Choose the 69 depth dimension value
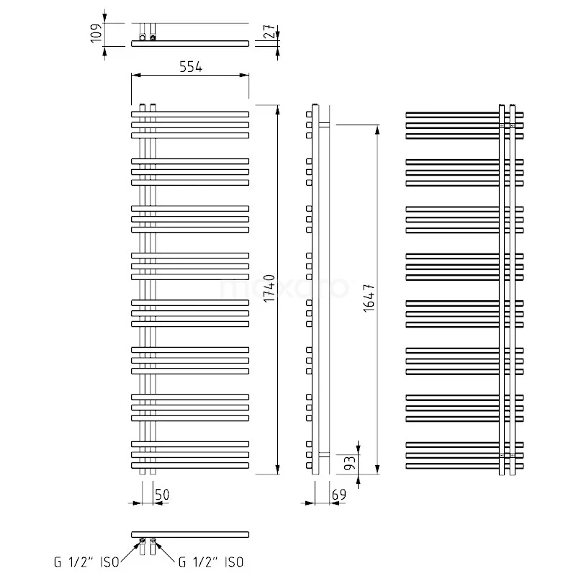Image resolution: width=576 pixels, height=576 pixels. [340, 495]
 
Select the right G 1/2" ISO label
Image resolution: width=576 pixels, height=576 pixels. [210, 561]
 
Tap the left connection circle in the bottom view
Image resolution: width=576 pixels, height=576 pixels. [142, 541]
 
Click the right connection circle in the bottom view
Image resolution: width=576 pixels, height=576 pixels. [153, 541]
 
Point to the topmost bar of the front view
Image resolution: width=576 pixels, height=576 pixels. [190, 114]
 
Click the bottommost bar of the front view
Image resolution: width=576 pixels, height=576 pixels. [190, 466]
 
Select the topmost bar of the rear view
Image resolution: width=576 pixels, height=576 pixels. [464, 114]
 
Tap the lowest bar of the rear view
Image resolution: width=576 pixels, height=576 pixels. [464, 466]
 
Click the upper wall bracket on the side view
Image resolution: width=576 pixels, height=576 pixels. [323, 125]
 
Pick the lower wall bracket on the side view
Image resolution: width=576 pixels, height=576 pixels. [323, 454]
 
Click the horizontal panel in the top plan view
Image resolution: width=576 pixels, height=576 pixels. [190, 44]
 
